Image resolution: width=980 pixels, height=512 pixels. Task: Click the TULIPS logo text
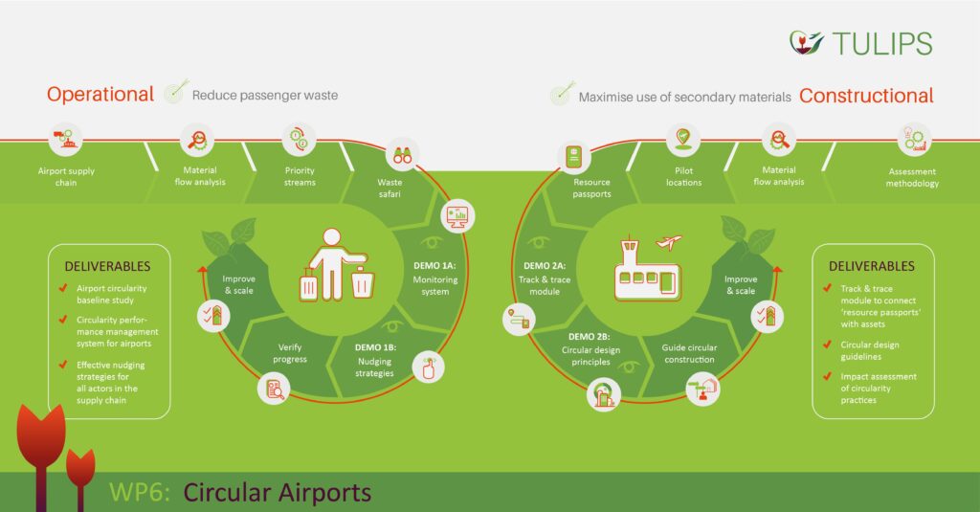pyautogui.click(x=881, y=43)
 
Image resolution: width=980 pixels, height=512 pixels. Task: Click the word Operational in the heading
pyautogui.click(x=100, y=94)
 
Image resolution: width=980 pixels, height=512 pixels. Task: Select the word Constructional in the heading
pyautogui.click(x=866, y=96)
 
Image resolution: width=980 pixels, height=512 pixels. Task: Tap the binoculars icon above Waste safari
pyautogui.click(x=403, y=152)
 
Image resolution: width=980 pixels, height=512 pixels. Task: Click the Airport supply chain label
pyautogui.click(x=66, y=176)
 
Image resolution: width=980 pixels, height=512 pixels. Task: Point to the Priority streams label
pyautogui.click(x=300, y=176)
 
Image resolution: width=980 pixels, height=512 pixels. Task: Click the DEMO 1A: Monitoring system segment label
pyautogui.click(x=435, y=278)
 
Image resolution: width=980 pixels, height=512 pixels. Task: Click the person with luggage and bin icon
pyautogui.click(x=334, y=265)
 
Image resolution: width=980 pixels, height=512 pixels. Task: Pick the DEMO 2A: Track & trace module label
pyautogui.click(x=544, y=278)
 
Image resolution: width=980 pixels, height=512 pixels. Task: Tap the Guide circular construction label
pyautogui.click(x=689, y=353)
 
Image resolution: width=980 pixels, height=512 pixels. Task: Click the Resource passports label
pyautogui.click(x=591, y=187)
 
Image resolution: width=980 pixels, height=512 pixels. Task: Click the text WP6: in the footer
pyautogui.click(x=140, y=492)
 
